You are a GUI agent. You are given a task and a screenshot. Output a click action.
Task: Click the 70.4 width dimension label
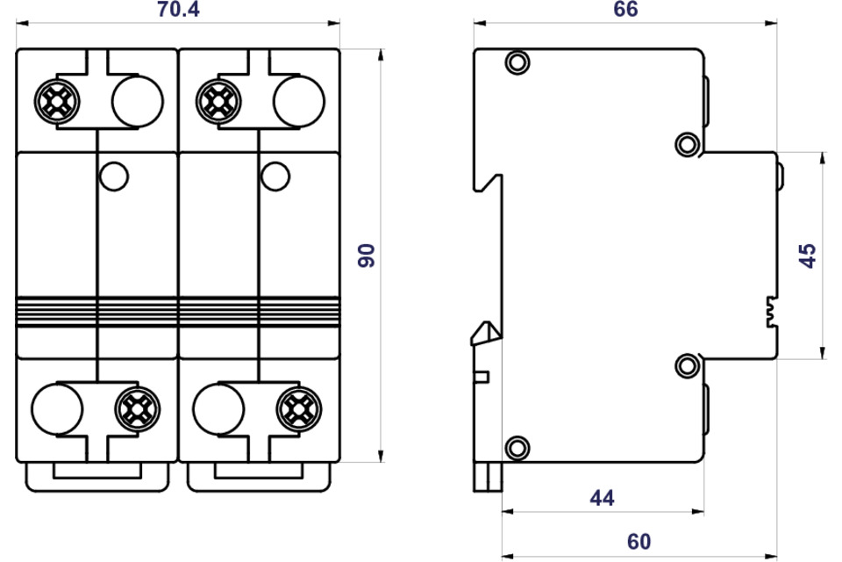click(x=178, y=10)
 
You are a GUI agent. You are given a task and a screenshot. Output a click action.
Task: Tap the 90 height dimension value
click(x=367, y=256)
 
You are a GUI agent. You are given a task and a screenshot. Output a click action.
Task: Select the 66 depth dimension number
click(x=625, y=9)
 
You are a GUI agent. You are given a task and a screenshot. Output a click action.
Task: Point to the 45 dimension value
click(x=808, y=256)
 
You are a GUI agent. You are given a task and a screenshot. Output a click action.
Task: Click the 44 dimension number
click(x=602, y=498)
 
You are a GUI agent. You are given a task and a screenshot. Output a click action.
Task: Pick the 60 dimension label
click(x=639, y=542)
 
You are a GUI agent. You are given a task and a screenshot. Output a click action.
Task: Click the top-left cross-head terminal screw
click(x=57, y=101)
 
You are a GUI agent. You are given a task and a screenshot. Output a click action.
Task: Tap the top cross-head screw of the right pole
click(x=218, y=101)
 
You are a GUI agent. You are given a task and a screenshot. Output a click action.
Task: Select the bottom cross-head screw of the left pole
click(x=138, y=408)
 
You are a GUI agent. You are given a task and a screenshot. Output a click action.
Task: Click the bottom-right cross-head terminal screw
click(x=299, y=408)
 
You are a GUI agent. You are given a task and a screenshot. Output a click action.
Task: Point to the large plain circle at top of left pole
click(x=138, y=101)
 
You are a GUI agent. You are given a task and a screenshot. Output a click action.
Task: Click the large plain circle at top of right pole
click(x=299, y=101)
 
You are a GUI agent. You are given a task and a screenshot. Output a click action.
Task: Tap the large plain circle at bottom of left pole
click(x=57, y=408)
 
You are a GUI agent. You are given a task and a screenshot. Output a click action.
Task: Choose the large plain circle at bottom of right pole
click(x=218, y=408)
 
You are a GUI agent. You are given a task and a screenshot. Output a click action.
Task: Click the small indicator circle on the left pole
click(x=114, y=177)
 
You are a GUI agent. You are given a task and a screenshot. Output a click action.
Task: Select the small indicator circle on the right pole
click(x=275, y=177)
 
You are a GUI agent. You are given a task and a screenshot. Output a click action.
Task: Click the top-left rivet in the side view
click(x=517, y=62)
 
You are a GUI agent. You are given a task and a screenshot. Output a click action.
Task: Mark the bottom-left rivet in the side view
click(x=517, y=448)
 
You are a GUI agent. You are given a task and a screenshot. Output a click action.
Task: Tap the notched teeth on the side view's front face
click(x=772, y=312)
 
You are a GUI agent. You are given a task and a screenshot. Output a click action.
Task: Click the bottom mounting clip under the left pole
click(x=97, y=477)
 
